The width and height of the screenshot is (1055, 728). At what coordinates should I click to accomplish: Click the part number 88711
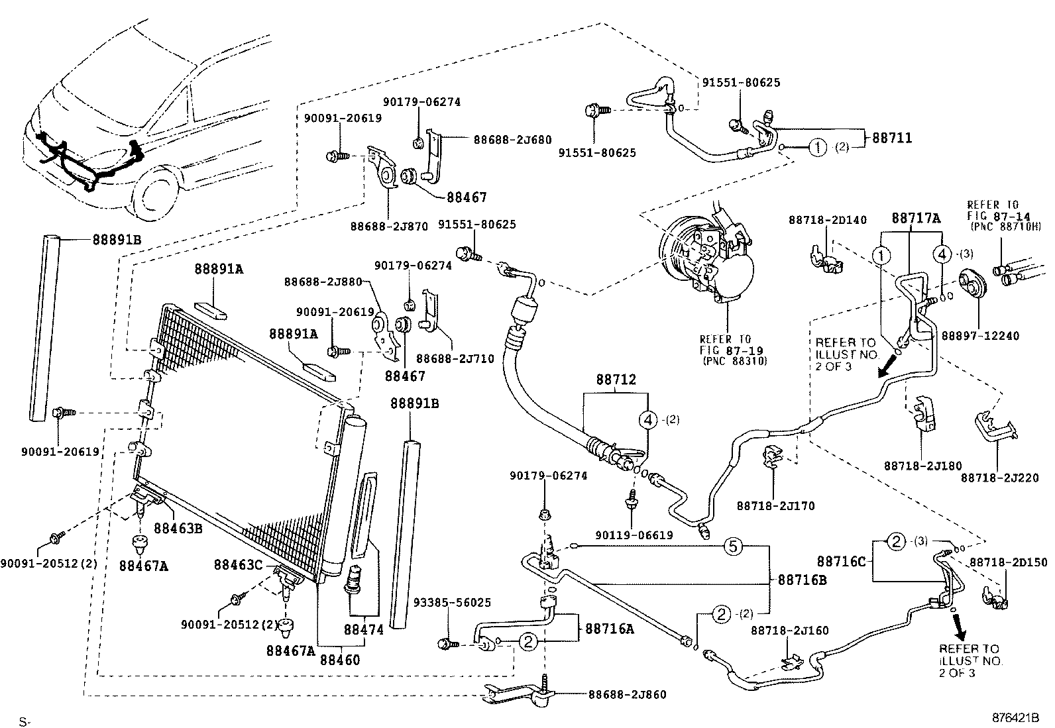pos(891,138)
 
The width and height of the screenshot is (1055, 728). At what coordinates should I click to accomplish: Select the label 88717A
pos(916,217)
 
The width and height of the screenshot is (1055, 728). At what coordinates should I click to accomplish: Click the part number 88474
pos(363,629)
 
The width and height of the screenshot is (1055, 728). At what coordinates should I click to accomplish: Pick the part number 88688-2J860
pos(627,694)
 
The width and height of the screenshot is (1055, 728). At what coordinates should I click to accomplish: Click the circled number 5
pos(732,546)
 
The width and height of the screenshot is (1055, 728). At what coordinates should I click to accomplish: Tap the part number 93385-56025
pos(452,602)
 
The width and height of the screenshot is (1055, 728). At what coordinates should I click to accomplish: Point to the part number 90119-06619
pos(634,535)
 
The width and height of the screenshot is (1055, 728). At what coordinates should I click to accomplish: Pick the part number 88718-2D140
pos(827,220)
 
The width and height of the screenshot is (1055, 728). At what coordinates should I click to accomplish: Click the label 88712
pos(616,380)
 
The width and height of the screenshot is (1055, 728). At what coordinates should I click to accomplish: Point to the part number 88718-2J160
pos(789,631)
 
